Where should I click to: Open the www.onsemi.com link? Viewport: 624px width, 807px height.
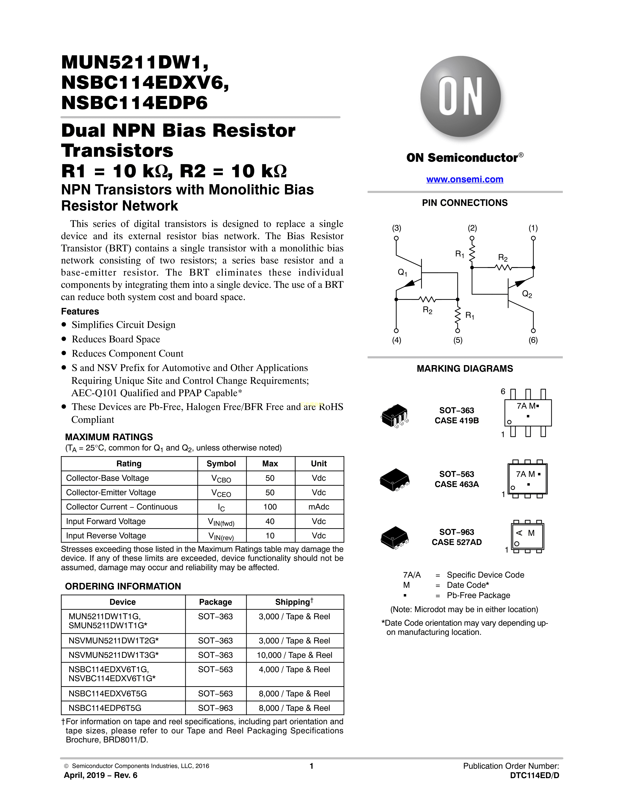point(465,179)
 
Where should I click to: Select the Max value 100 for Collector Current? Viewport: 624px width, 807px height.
point(270,507)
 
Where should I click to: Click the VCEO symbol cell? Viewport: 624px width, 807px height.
point(221,493)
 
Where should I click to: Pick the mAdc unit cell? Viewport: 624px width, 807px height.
point(319,507)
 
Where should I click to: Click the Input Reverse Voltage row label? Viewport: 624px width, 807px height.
point(106,536)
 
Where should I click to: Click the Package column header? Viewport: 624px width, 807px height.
point(216,602)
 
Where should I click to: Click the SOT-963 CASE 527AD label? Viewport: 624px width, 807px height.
point(457,537)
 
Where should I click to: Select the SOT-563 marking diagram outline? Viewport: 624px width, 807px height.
point(528,479)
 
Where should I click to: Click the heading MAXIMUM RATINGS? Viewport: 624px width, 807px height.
point(109,437)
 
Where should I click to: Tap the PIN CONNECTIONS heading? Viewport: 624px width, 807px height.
point(465,203)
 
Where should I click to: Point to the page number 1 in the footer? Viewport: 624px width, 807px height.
point(312,766)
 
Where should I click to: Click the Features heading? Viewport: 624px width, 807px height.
point(80,312)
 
